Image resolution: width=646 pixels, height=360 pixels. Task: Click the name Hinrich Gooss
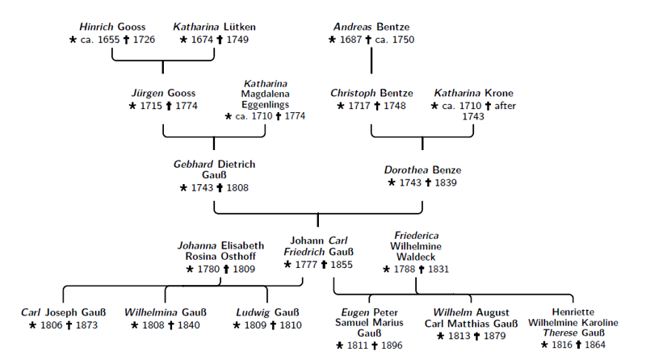[112, 27]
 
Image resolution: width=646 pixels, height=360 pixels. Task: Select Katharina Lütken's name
[214, 27]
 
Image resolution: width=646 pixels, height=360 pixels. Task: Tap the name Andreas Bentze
[371, 27]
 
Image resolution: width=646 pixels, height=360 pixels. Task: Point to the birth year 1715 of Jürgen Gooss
[150, 106]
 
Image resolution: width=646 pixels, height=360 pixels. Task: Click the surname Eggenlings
[266, 105]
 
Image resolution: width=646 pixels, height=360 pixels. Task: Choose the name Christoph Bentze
[371, 94]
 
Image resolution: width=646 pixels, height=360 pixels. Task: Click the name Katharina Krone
[473, 94]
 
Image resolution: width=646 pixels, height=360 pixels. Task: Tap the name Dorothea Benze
[422, 170]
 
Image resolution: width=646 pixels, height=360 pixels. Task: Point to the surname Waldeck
[416, 257]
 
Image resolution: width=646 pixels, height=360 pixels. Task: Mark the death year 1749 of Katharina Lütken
[237, 40]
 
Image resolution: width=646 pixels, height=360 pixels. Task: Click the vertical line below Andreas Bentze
[371, 61]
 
